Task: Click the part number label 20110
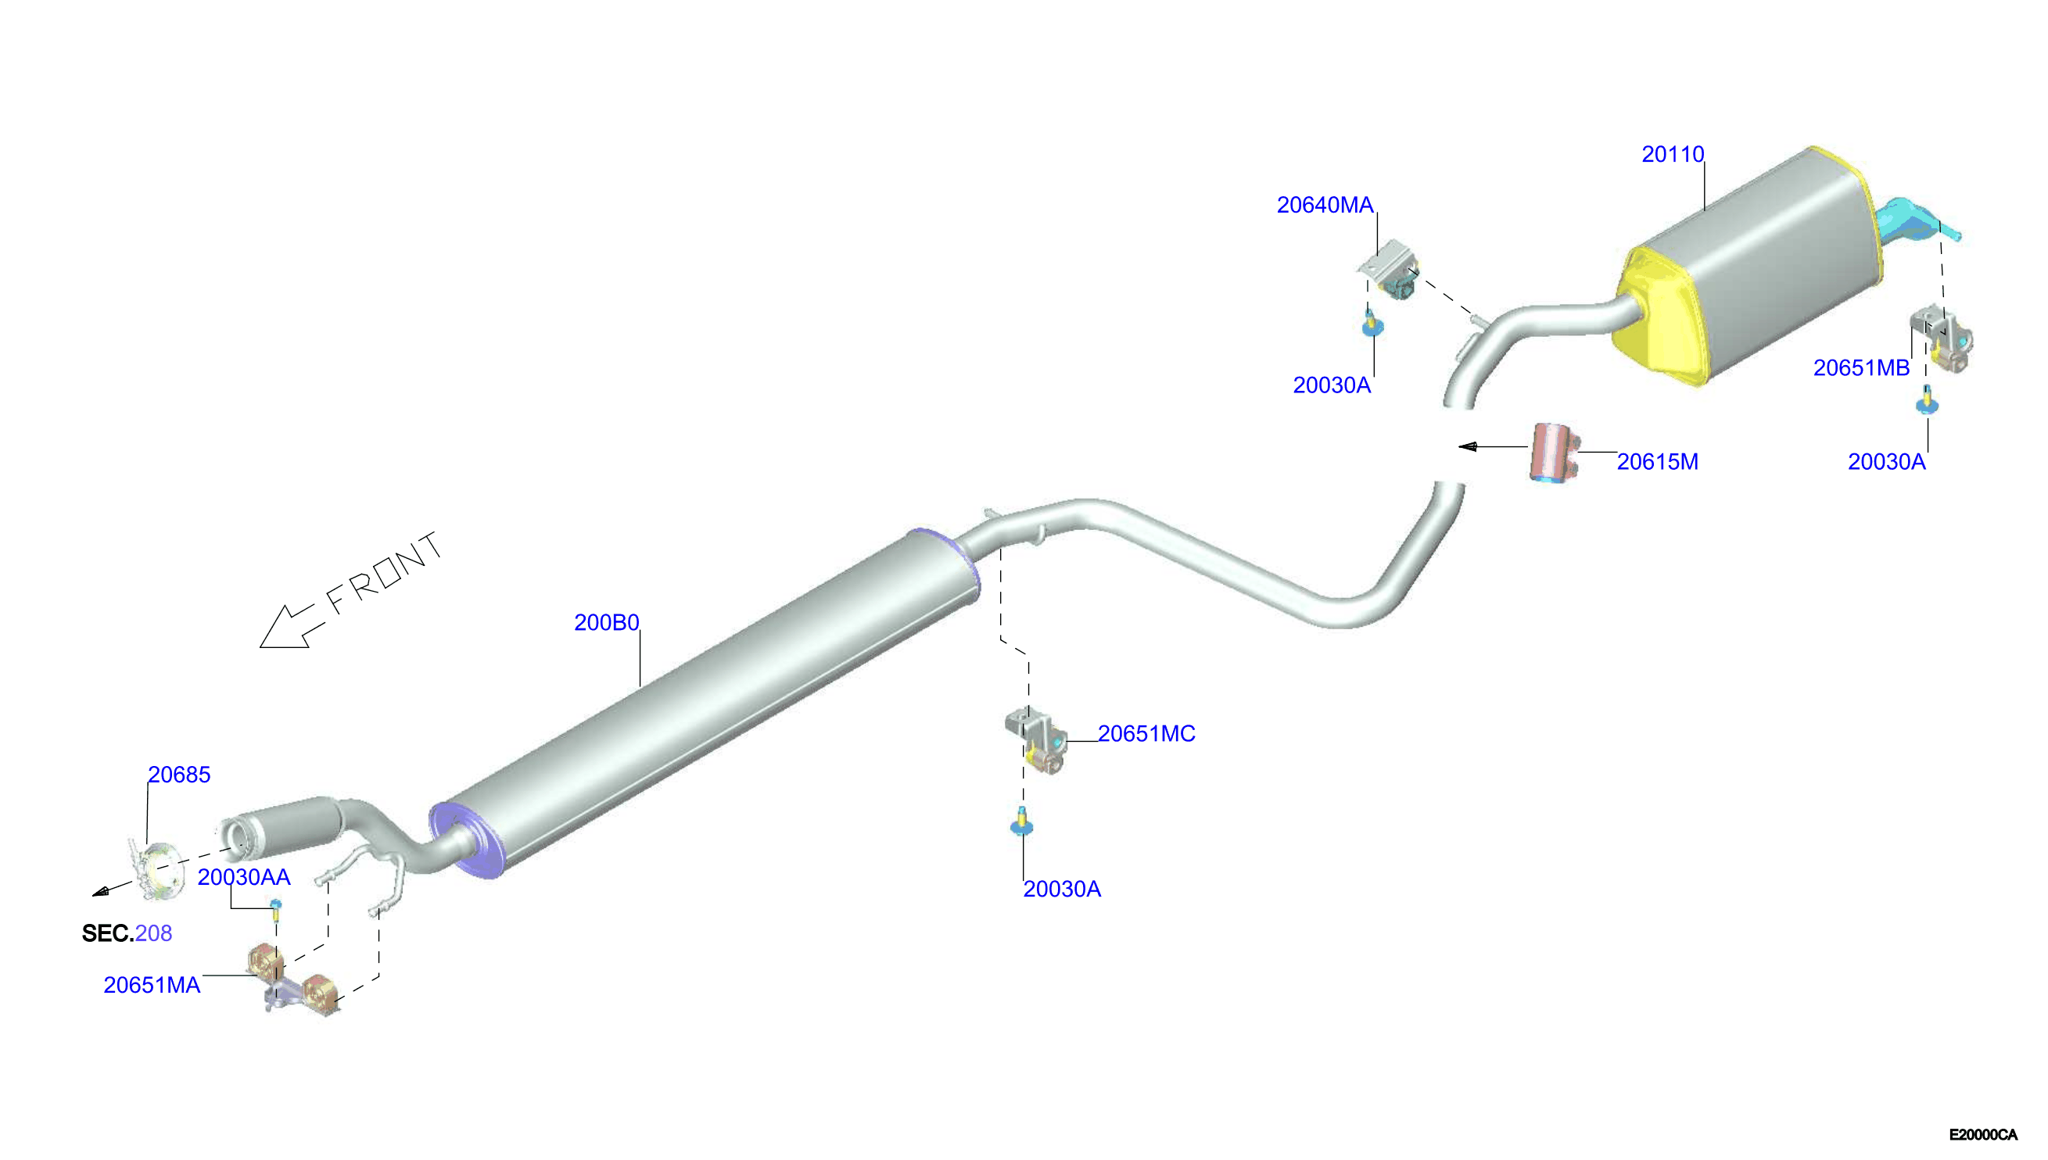pyautogui.click(x=1672, y=154)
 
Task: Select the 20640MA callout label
pyautogui.click(x=1325, y=205)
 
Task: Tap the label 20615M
pyautogui.click(x=1657, y=461)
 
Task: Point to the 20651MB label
pyautogui.click(x=1861, y=367)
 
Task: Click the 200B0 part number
pyautogui.click(x=607, y=622)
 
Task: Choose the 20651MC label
pyautogui.click(x=1146, y=733)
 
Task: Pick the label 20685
pyautogui.click(x=178, y=775)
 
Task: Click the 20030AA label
pyautogui.click(x=244, y=877)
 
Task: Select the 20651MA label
pyautogui.click(x=152, y=985)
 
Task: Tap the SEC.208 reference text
pyautogui.click(x=127, y=933)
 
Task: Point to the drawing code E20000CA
pyautogui.click(x=1982, y=1134)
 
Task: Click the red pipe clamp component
pyautogui.click(x=1552, y=452)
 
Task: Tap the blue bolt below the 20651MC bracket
pyautogui.click(x=1020, y=822)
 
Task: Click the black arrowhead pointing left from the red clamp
pyautogui.click(x=1467, y=447)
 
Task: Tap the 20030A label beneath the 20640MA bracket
pyautogui.click(x=1332, y=385)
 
